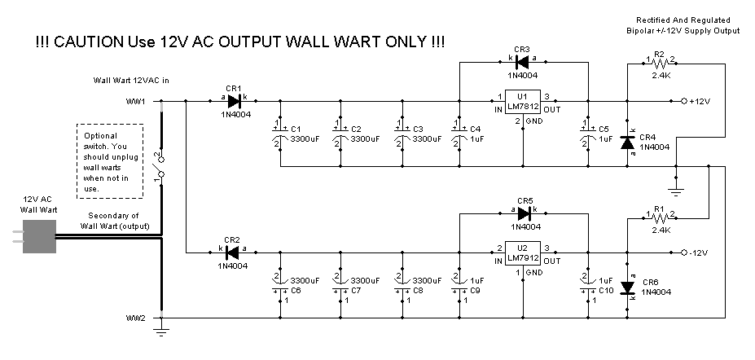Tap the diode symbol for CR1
[235, 102]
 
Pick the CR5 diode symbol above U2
[524, 213]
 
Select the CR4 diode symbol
[627, 142]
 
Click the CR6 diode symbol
[627, 288]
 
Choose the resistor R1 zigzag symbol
[660, 218]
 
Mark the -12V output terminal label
[700, 253]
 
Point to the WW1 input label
[135, 102]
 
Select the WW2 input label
[135, 317]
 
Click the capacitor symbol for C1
[280, 133]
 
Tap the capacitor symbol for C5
[587, 133]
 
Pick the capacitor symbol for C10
[587, 284]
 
